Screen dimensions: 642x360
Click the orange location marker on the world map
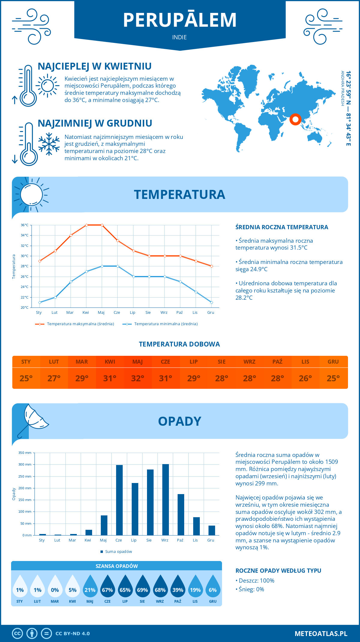tap(295, 119)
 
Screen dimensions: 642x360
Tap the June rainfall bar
tap(119, 500)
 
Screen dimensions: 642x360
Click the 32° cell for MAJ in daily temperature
tap(138, 378)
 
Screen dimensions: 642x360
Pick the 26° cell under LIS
tap(305, 378)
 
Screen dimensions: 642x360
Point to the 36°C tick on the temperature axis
tap(25, 225)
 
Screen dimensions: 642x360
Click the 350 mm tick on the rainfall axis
tap(25, 453)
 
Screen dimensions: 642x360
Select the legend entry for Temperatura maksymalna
tap(75, 324)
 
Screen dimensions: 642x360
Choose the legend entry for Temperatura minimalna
tap(160, 324)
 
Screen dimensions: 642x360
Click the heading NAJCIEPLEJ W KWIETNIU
tap(94, 66)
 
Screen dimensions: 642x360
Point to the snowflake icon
tap(49, 144)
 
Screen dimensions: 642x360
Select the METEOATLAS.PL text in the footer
tap(321, 634)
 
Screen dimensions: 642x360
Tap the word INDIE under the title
tap(179, 37)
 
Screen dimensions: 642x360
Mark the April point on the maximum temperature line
tap(86, 225)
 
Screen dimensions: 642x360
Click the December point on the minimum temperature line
tap(211, 302)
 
